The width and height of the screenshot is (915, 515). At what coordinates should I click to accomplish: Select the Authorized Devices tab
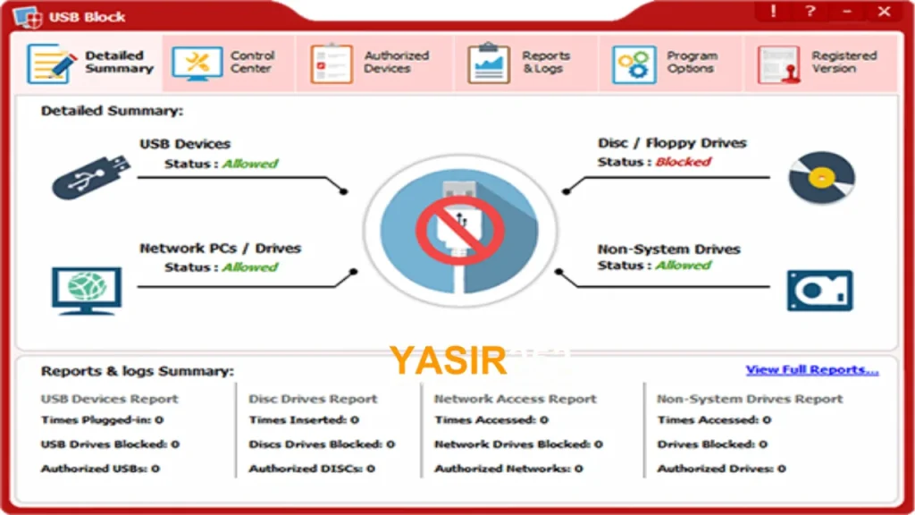point(374,63)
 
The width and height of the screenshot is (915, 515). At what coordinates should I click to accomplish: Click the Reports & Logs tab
point(525,63)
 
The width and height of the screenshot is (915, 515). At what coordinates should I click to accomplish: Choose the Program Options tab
point(670,63)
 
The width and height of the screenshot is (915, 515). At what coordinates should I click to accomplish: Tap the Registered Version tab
point(820,63)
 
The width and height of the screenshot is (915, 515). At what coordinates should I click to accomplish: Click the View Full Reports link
point(811,369)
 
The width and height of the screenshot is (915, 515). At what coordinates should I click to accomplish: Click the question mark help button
point(810,11)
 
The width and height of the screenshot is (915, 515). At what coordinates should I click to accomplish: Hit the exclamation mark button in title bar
point(773,11)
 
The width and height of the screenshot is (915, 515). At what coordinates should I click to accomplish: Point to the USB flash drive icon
point(91,177)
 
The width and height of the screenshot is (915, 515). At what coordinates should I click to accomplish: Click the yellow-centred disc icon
point(822,178)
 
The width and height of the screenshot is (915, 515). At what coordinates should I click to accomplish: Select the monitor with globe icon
point(87,291)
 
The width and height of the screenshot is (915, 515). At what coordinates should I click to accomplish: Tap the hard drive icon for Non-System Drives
point(820,291)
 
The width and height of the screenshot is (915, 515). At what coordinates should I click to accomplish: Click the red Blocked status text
point(683,162)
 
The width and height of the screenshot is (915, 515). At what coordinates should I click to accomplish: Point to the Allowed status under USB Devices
point(250,164)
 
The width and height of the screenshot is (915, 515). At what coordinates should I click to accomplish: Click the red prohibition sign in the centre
point(460,230)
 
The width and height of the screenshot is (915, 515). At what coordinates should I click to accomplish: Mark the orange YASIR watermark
point(448,360)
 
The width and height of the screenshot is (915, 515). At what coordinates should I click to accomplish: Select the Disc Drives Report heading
point(313,399)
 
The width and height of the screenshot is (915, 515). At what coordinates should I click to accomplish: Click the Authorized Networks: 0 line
point(508,469)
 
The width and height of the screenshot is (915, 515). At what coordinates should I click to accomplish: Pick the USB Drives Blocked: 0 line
point(110,443)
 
